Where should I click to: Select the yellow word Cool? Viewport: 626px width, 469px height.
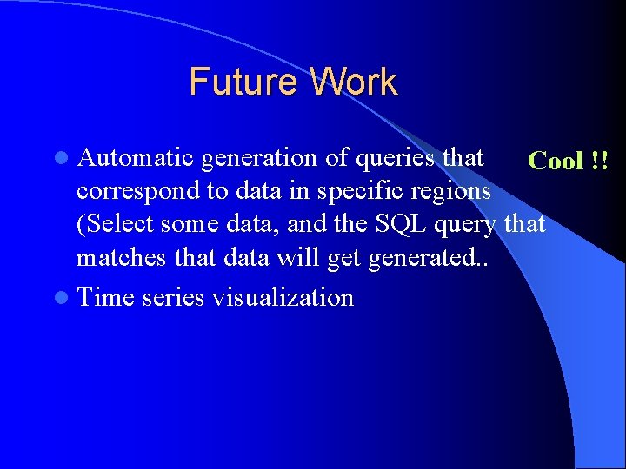tap(556, 161)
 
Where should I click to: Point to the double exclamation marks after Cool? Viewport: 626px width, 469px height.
tap(599, 161)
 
